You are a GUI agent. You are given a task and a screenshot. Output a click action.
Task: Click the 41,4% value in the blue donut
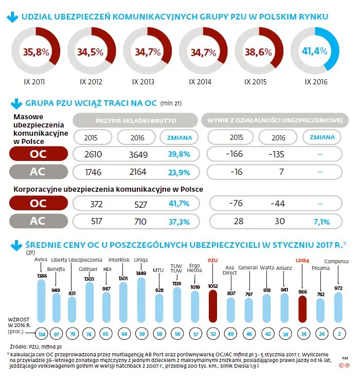click(x=315, y=51)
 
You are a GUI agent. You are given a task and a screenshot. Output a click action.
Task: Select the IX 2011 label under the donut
click(x=35, y=82)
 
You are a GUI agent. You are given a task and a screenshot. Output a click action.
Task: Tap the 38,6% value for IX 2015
click(x=258, y=52)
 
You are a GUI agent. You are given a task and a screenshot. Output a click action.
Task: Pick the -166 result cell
click(x=236, y=155)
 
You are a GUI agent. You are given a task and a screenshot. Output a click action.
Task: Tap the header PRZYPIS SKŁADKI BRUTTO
click(x=135, y=120)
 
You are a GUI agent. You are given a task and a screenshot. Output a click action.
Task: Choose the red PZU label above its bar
click(x=213, y=260)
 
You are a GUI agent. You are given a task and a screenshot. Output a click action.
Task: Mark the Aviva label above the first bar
click(x=41, y=259)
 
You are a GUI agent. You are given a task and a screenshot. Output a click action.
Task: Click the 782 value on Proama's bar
click(x=320, y=294)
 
